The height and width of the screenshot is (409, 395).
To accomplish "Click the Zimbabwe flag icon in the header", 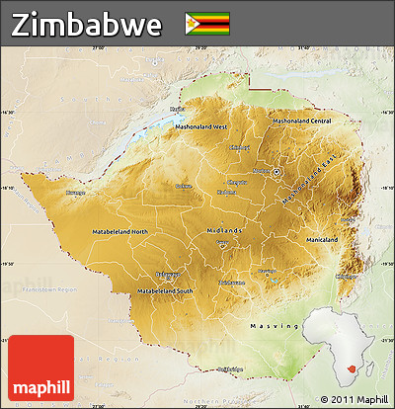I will click(x=207, y=23).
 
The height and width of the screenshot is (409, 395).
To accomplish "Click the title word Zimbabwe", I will click(x=88, y=25).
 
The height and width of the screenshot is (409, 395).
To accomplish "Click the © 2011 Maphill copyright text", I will click(x=354, y=399).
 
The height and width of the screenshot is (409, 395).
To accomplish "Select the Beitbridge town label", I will click(x=228, y=368).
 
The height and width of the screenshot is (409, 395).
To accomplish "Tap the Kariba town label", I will click(x=177, y=110).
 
